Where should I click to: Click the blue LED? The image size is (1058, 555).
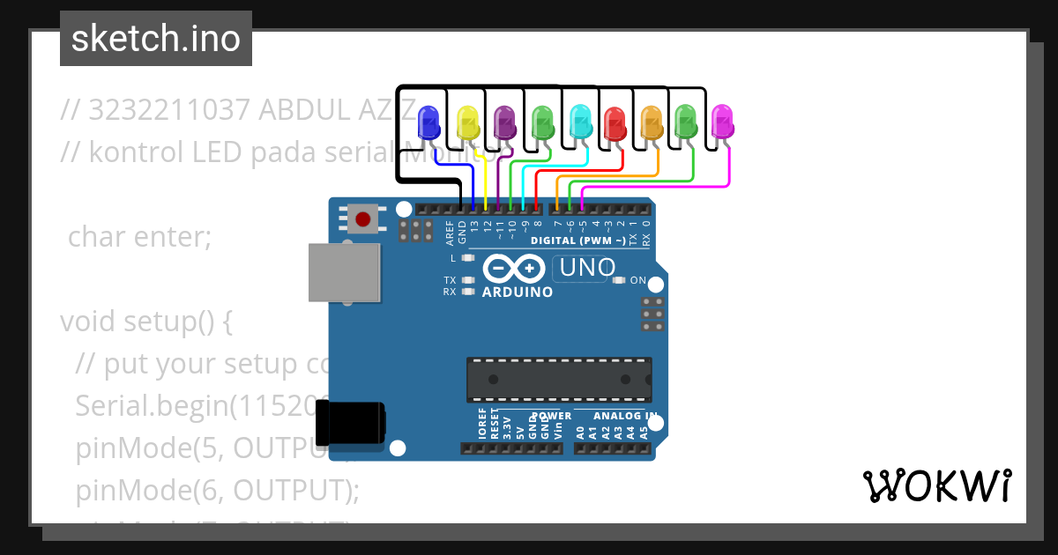428,122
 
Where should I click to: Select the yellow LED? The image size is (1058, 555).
467,122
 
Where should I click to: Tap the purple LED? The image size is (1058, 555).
505,122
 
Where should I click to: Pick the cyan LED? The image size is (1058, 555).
580,122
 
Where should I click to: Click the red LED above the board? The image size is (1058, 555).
615,122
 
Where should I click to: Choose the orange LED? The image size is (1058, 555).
652,122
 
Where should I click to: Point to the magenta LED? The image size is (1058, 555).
723,122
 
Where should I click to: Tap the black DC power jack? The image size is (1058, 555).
350,422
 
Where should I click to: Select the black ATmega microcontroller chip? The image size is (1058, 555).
559,379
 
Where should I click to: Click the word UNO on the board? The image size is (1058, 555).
584,267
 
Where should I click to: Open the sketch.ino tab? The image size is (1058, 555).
156,39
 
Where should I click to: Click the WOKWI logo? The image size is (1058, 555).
937,485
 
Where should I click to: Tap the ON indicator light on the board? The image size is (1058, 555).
618,281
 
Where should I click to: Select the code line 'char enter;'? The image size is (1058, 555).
139,237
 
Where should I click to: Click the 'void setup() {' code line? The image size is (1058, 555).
145,322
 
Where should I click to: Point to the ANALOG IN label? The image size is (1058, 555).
625,416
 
